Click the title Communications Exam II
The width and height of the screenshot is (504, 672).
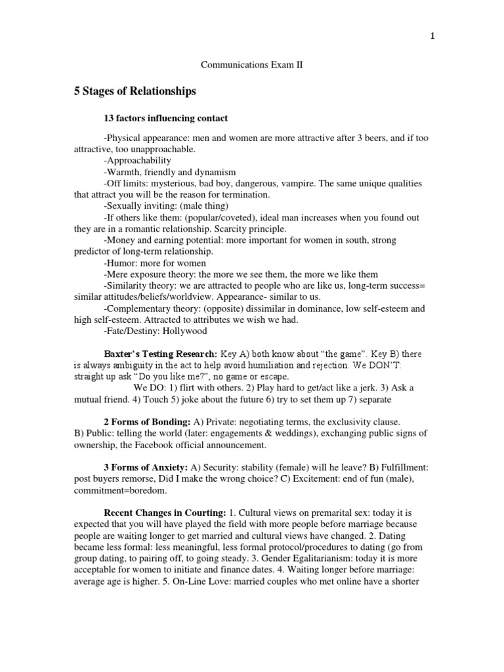(251, 66)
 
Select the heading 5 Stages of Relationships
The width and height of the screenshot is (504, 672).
(135, 92)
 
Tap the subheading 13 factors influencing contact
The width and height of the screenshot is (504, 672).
(166, 118)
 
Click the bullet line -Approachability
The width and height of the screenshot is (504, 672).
(137, 160)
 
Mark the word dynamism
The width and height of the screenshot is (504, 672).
(205, 172)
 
